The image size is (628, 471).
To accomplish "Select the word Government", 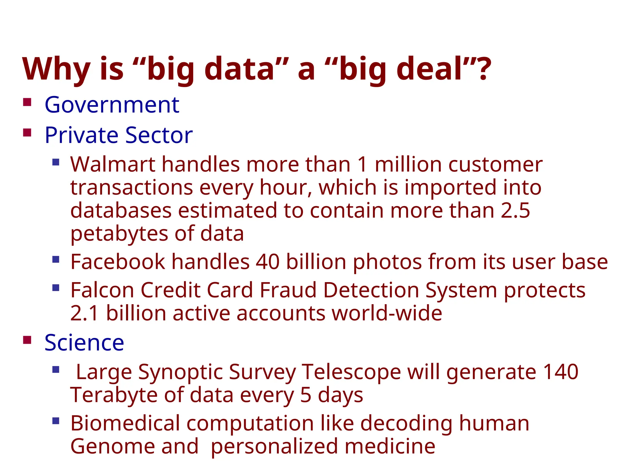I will tap(112, 105).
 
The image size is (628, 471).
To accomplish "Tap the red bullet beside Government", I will tap(27, 102).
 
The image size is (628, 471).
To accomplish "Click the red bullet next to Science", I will tap(27, 340).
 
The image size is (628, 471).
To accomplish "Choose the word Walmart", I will tap(113, 165).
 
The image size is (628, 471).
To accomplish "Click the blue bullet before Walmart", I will tap(56, 162).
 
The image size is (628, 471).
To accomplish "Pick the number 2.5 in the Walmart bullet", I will tap(515, 211).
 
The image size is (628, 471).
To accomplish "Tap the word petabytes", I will tap(119, 234).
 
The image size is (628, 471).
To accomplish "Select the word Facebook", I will tap(118, 262).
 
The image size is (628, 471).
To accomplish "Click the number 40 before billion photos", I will tap(268, 262).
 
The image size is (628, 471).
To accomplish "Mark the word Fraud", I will tap(288, 290).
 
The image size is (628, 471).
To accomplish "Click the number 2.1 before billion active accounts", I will tap(84, 313).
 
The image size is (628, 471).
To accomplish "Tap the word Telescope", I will tap(351, 372).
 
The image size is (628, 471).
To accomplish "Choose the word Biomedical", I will tap(125, 423).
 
